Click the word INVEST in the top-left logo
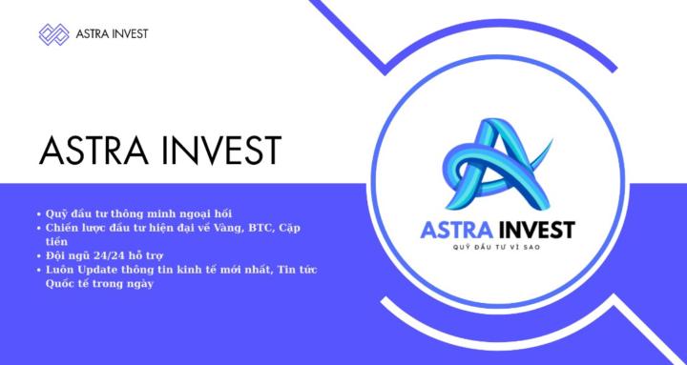click(126, 35)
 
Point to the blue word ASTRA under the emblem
click(462, 231)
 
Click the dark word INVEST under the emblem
click(538, 231)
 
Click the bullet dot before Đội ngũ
click(37, 257)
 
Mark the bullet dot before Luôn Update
click(37, 272)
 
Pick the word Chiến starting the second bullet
click(63, 229)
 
